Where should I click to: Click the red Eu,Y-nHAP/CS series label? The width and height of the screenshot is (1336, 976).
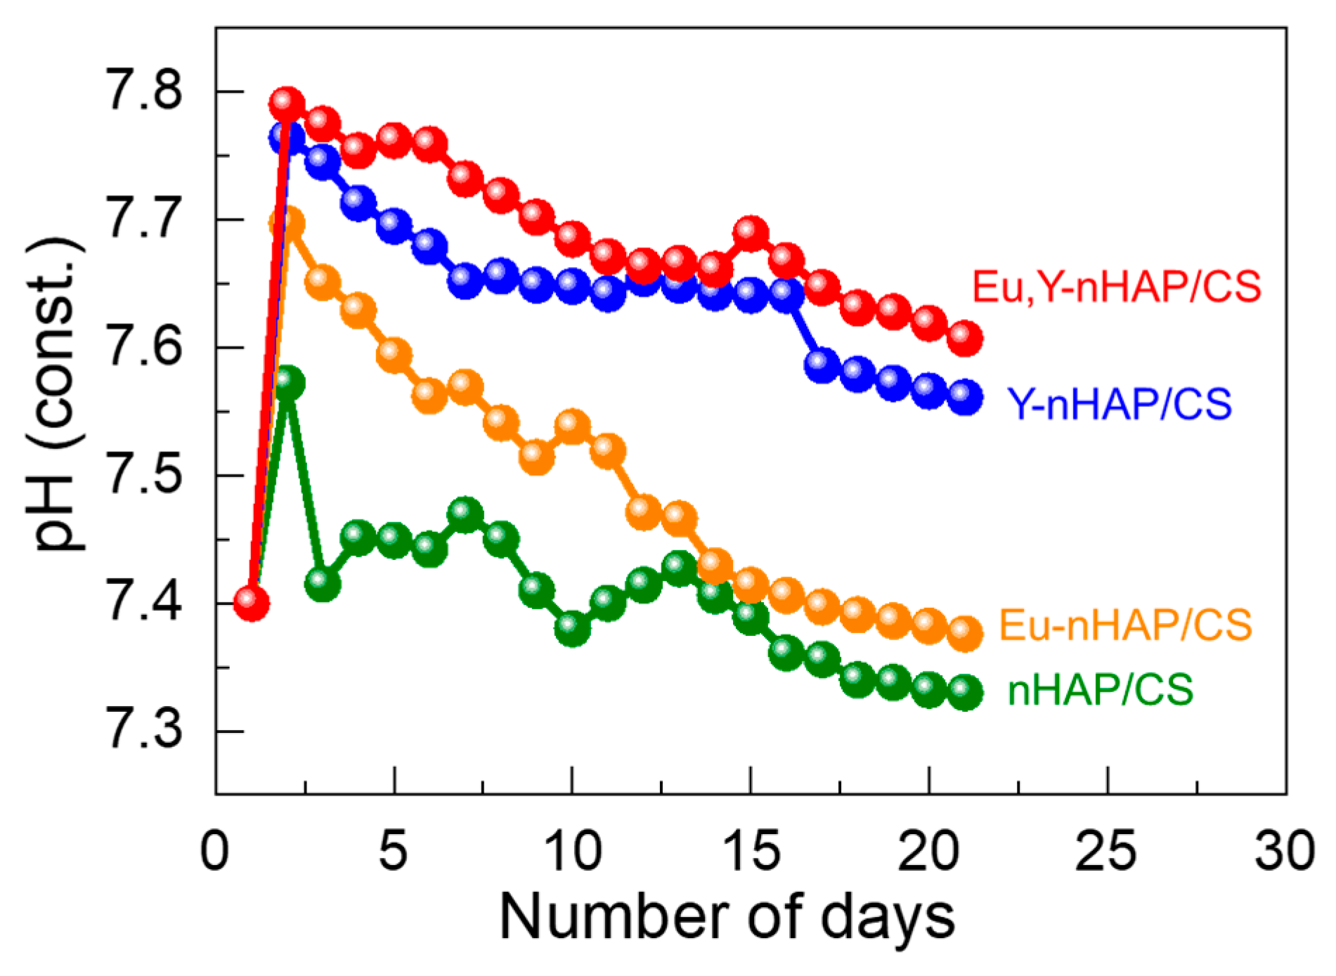(1116, 287)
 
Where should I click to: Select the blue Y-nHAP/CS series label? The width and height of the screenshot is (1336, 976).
(1119, 404)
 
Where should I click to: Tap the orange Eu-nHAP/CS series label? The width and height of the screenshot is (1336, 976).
(1125, 625)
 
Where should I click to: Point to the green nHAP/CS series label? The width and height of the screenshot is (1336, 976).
(1100, 689)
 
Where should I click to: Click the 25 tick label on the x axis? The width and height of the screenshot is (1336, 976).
(1105, 852)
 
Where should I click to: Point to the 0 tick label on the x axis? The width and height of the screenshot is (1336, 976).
(215, 852)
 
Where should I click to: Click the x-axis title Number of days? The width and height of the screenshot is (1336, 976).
(727, 918)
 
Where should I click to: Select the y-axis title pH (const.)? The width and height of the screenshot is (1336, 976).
(58, 393)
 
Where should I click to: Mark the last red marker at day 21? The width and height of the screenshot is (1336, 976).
(965, 339)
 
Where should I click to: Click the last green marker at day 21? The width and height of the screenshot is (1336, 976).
(965, 693)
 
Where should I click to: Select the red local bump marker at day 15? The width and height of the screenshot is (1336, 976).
(751, 233)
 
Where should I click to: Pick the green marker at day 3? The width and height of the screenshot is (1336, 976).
(323, 583)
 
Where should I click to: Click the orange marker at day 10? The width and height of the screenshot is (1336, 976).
(573, 427)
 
